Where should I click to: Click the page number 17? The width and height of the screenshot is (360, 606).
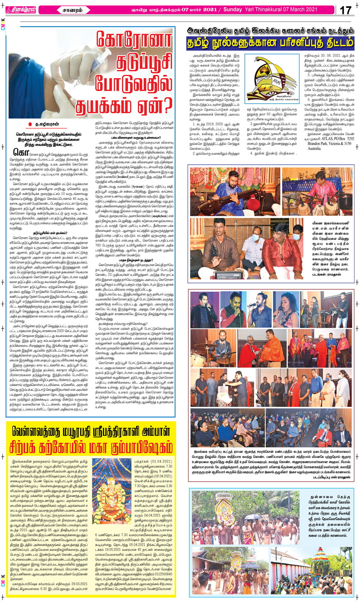pos(346,10)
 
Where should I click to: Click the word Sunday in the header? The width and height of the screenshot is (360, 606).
pos(233,9)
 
